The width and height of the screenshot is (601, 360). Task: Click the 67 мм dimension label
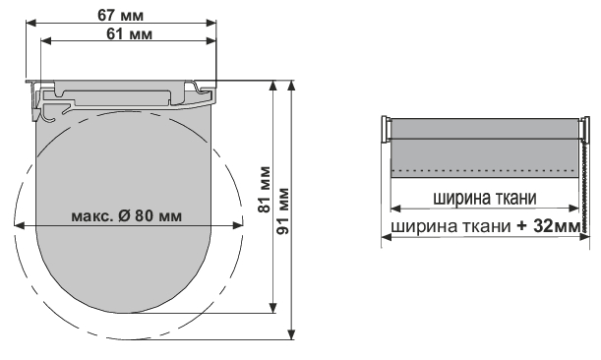[x=121, y=16]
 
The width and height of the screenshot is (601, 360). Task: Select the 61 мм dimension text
[x=129, y=33]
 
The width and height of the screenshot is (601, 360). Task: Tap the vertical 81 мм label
[x=265, y=190]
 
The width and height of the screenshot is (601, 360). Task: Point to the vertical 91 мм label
[x=283, y=210]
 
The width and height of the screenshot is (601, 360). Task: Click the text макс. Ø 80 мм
[x=127, y=216]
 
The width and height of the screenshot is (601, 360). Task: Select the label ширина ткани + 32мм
[x=486, y=226]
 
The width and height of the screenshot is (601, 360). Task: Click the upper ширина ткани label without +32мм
[x=485, y=199]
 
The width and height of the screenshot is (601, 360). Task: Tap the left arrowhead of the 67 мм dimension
[x=31, y=23]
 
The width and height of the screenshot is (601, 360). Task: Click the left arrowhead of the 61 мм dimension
[x=45, y=40]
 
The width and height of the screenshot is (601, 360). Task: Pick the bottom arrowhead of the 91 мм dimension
[x=292, y=334]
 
